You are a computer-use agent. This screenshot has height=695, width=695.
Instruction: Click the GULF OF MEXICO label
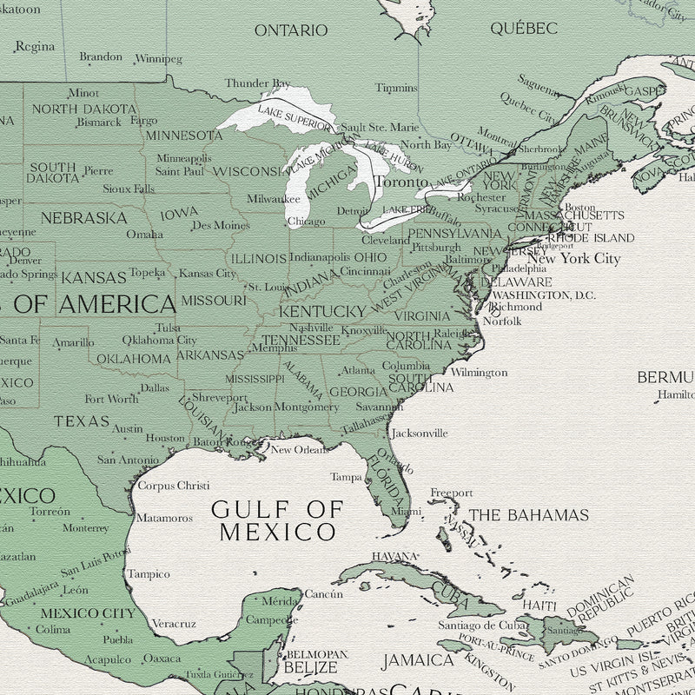277,520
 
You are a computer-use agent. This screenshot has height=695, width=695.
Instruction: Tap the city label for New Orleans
299,449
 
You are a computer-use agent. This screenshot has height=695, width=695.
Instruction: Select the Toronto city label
400,182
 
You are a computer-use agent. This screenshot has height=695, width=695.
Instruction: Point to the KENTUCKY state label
321,311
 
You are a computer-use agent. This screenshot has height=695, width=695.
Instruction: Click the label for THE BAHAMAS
529,515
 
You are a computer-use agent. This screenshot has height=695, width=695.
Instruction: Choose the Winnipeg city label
160,59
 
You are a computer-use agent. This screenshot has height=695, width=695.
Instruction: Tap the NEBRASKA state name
83,218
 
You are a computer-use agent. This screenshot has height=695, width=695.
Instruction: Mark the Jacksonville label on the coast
420,433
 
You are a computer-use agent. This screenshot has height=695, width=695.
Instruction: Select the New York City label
574,259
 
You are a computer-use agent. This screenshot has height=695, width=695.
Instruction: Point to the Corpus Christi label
174,486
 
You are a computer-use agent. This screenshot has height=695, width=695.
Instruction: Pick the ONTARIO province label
291,30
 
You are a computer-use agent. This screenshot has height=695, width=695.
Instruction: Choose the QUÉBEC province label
523,29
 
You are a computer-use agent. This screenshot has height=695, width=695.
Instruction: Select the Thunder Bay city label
257,83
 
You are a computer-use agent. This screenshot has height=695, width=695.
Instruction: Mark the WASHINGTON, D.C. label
543,295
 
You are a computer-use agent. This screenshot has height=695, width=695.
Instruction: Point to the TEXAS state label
82,421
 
